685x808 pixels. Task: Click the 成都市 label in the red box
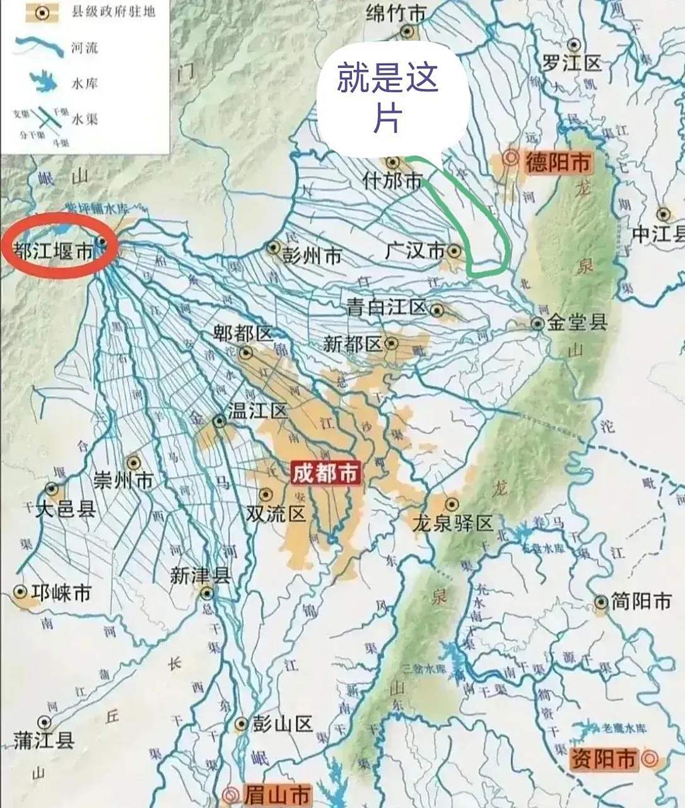325,473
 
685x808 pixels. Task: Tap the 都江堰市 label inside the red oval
54,252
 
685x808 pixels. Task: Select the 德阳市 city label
558,163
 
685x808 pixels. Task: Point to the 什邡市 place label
392,181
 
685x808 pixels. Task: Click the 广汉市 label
415,251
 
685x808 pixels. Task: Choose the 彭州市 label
312,255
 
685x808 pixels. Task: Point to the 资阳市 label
602,758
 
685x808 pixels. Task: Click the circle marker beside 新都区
392,343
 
